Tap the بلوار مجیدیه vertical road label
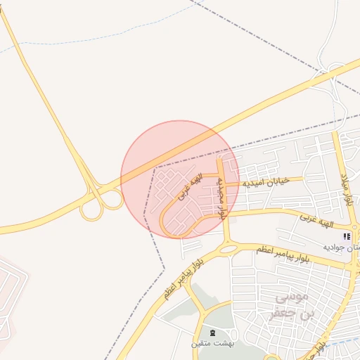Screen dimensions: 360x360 click(221, 198)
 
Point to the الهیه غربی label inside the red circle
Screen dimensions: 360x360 click(188, 188)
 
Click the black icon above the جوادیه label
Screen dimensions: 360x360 click(347, 237)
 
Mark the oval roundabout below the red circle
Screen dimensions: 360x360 click(228, 247)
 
